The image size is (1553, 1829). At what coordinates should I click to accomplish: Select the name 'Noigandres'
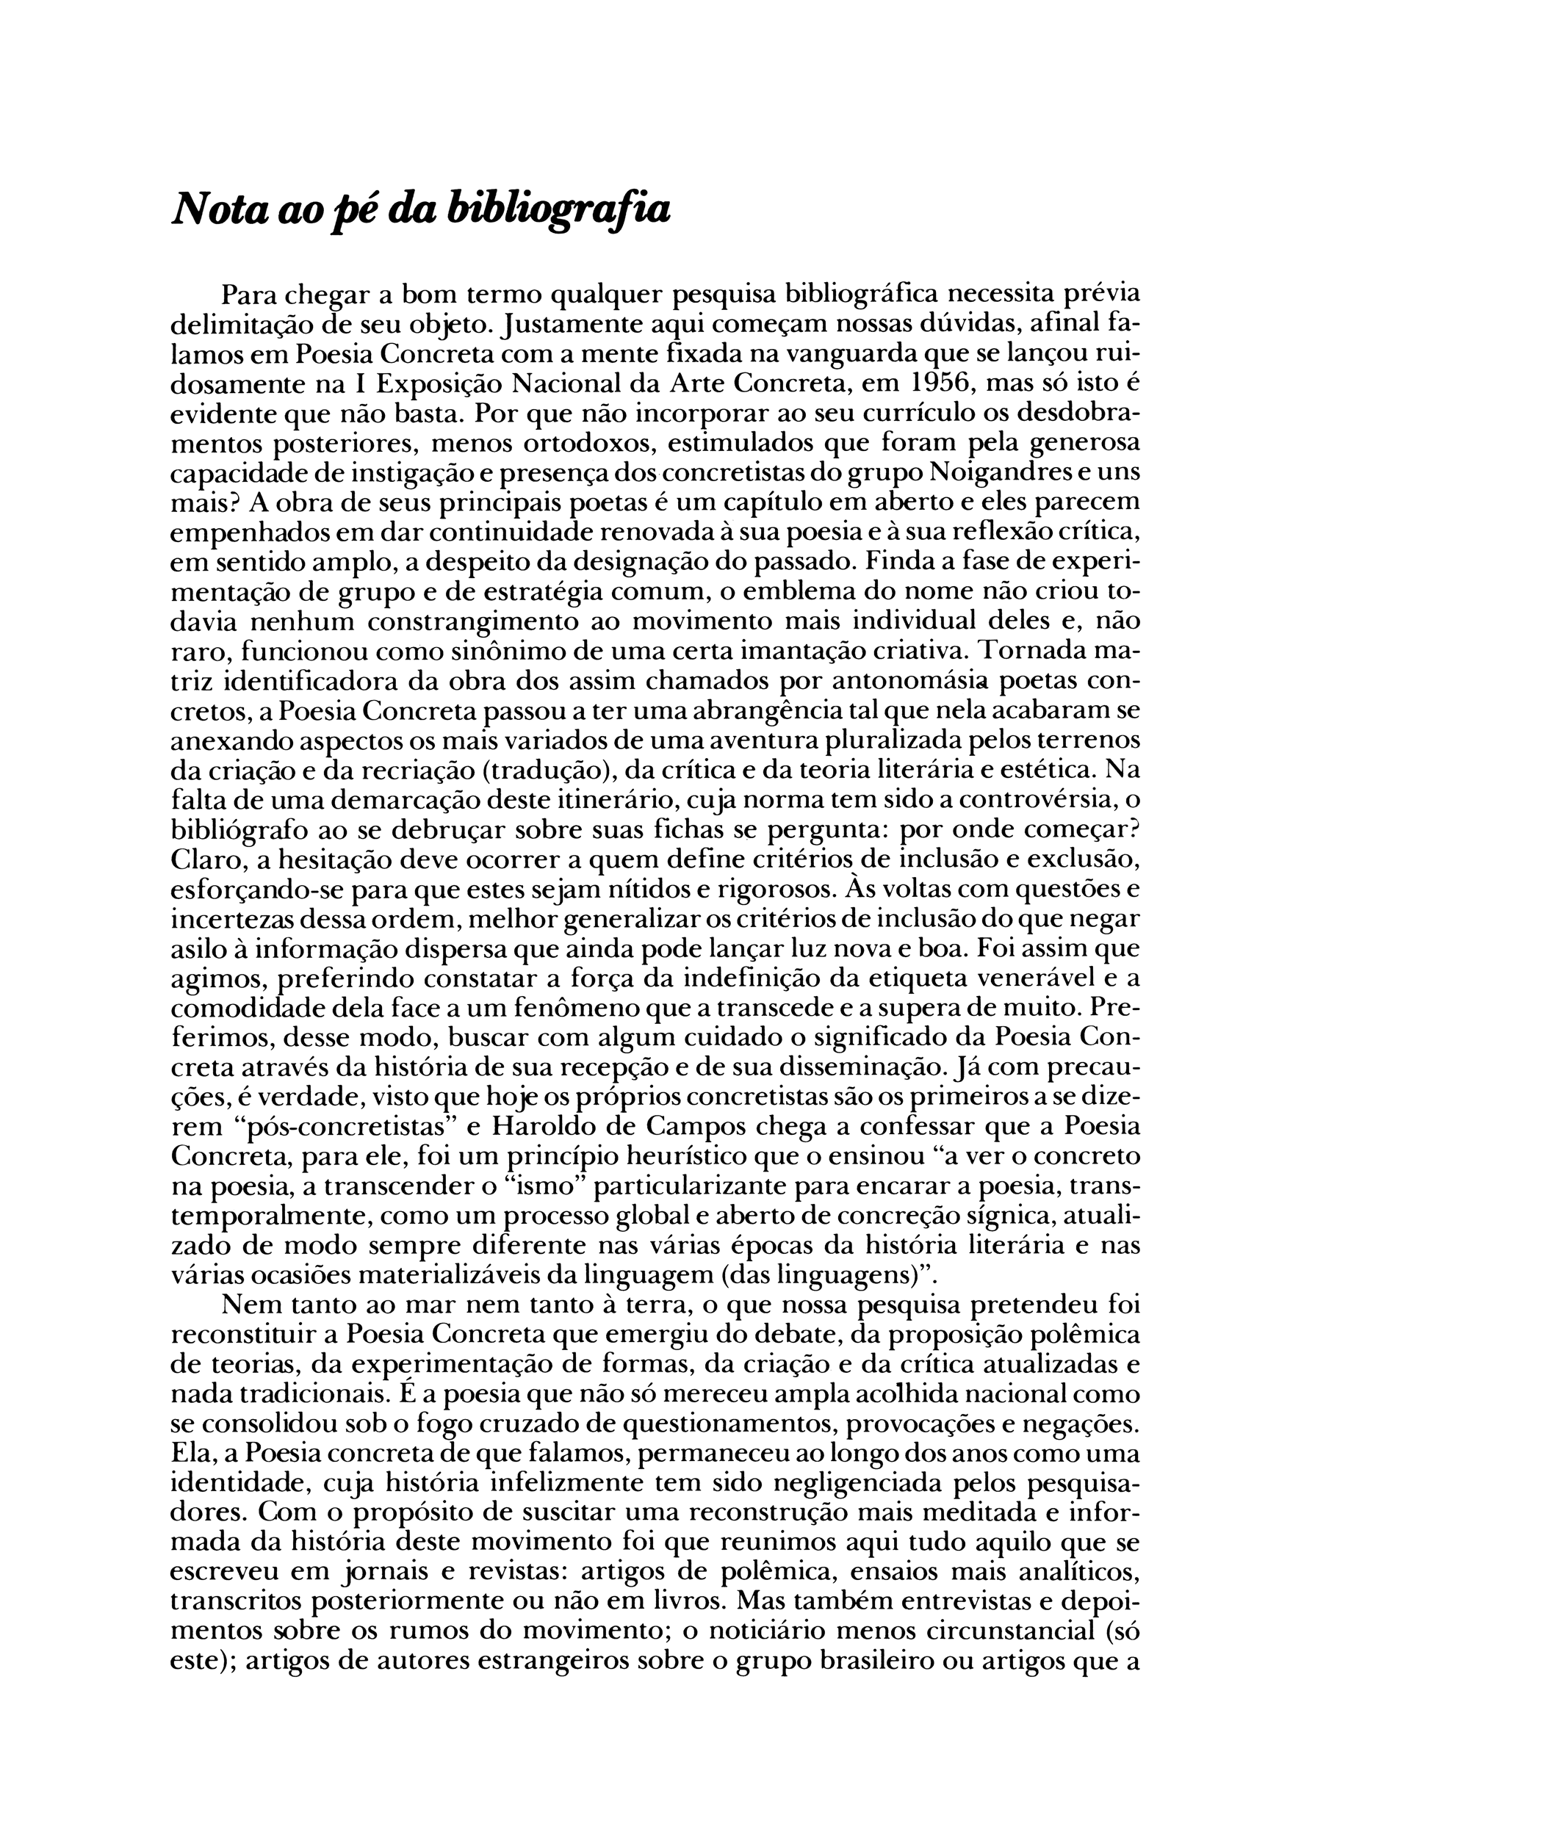(x=1006, y=472)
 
